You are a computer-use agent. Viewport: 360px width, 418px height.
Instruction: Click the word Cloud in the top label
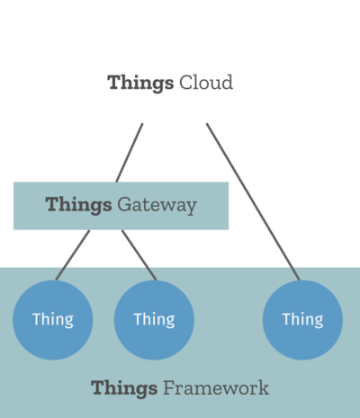206,83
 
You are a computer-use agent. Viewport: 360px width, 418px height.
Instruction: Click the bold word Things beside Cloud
140,84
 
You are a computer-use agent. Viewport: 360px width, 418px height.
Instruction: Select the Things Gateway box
121,206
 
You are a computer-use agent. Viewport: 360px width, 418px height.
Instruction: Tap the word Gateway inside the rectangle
157,206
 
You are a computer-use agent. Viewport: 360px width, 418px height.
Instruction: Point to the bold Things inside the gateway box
78,206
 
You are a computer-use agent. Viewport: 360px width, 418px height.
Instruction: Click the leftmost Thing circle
53,320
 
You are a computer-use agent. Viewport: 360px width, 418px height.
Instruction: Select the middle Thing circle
154,320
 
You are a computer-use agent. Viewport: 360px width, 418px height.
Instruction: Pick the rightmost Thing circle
302,320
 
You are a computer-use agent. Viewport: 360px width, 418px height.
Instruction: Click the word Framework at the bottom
216,387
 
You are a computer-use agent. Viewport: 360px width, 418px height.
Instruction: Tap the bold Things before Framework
124,389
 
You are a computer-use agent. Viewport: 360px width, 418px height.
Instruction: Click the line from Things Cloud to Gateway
130,153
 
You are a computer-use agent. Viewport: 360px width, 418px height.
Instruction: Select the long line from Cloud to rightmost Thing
253,201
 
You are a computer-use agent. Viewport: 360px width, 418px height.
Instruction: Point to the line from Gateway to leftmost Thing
73,255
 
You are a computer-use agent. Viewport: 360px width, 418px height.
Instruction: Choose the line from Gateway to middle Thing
139,255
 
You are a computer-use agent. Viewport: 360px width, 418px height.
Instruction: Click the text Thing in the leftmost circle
53,320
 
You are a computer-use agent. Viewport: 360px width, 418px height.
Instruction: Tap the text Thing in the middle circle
154,320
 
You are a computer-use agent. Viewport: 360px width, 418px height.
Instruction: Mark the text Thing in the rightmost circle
303,320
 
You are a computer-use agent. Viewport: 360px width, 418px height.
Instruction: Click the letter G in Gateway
124,205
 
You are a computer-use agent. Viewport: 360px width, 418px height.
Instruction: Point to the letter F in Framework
170,387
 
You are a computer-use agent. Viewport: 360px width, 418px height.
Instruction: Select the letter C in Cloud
186,83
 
